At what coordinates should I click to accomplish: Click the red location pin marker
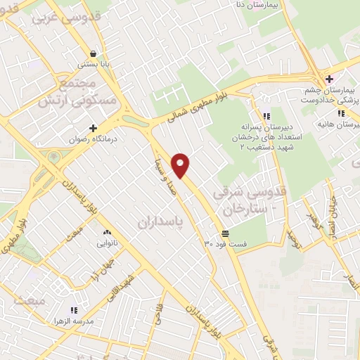181,165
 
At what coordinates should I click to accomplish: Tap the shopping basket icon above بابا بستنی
94,53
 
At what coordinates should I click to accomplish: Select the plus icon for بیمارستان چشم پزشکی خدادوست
328,79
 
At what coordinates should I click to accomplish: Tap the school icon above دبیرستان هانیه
341,113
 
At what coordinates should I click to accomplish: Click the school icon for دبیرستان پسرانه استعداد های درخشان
266,116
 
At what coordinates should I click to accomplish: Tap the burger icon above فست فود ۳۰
225,233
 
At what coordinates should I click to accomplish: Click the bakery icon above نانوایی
107,233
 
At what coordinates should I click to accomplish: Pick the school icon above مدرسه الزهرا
73,310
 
